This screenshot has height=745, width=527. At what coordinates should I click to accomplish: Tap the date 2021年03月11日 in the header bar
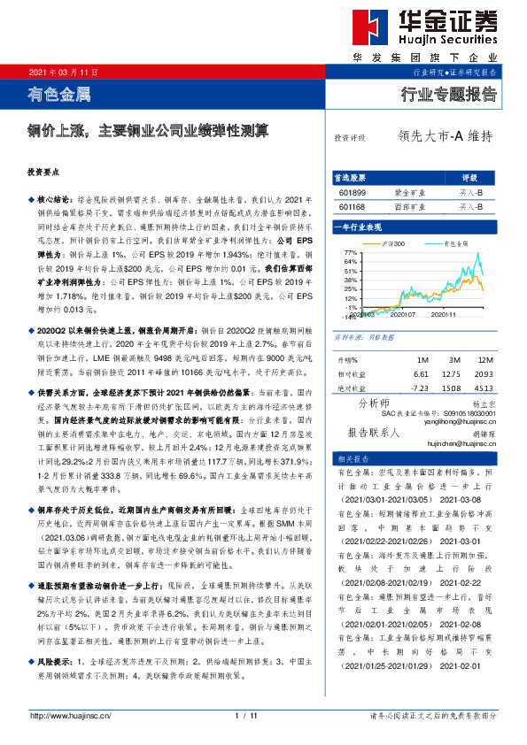coord(64,71)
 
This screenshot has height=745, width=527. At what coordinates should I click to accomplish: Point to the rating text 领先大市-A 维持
coord(445,136)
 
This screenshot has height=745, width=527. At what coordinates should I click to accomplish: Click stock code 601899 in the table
coord(352,190)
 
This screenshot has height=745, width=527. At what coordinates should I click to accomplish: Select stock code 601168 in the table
coord(352,206)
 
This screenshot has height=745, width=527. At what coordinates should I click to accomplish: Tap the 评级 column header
coord(469,176)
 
